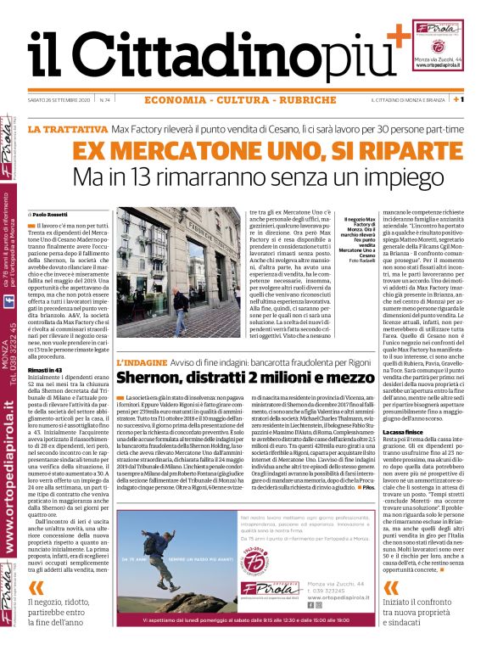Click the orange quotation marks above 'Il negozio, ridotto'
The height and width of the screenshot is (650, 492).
click(35, 589)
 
